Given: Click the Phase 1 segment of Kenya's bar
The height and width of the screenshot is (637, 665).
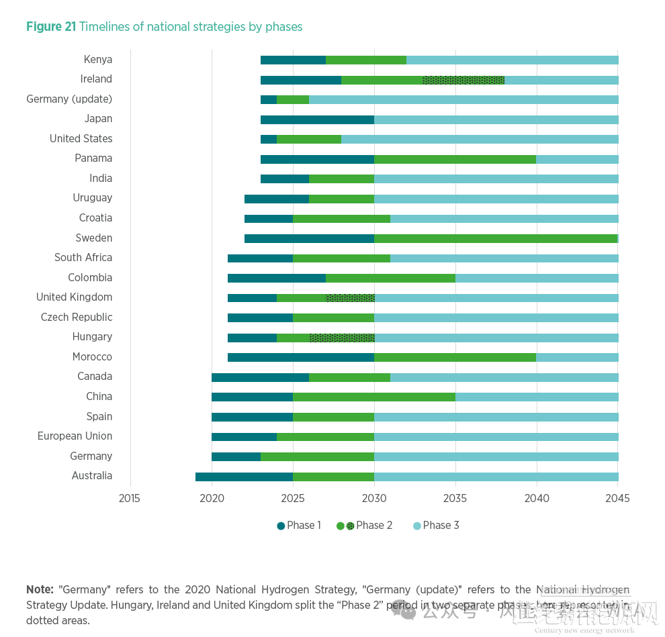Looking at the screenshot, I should click(293, 60).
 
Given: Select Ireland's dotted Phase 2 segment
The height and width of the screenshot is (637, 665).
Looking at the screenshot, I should click(463, 80).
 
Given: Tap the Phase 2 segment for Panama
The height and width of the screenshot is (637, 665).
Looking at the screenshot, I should click(455, 159).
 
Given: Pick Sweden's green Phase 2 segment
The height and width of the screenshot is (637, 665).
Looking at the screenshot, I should click(496, 238).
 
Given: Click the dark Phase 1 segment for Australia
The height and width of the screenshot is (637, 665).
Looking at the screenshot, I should click(244, 477).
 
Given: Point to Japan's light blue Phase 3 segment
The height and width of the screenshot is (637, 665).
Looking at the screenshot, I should click(496, 119).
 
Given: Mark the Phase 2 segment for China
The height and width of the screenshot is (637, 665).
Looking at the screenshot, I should click(373, 397).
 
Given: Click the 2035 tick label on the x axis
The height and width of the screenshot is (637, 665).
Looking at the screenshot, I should click(455, 498).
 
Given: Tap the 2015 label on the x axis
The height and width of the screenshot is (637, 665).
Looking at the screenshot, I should click(130, 498).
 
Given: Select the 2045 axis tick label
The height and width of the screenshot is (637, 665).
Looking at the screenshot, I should click(617, 498).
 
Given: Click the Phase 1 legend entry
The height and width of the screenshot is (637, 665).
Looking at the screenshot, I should click(299, 526).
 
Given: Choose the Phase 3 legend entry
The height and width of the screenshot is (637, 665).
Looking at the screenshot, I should click(436, 526).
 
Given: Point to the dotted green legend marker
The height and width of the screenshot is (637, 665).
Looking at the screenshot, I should click(350, 526).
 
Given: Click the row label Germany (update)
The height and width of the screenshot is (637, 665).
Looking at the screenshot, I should click(69, 99).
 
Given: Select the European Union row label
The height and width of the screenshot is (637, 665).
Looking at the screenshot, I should click(75, 436).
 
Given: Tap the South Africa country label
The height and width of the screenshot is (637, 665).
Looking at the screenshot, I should click(83, 258).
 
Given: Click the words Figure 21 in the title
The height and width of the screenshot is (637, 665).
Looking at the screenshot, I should click(51, 27).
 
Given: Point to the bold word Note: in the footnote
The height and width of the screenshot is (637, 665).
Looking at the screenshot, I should click(40, 589).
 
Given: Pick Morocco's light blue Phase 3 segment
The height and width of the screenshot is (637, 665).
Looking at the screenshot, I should click(577, 357).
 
